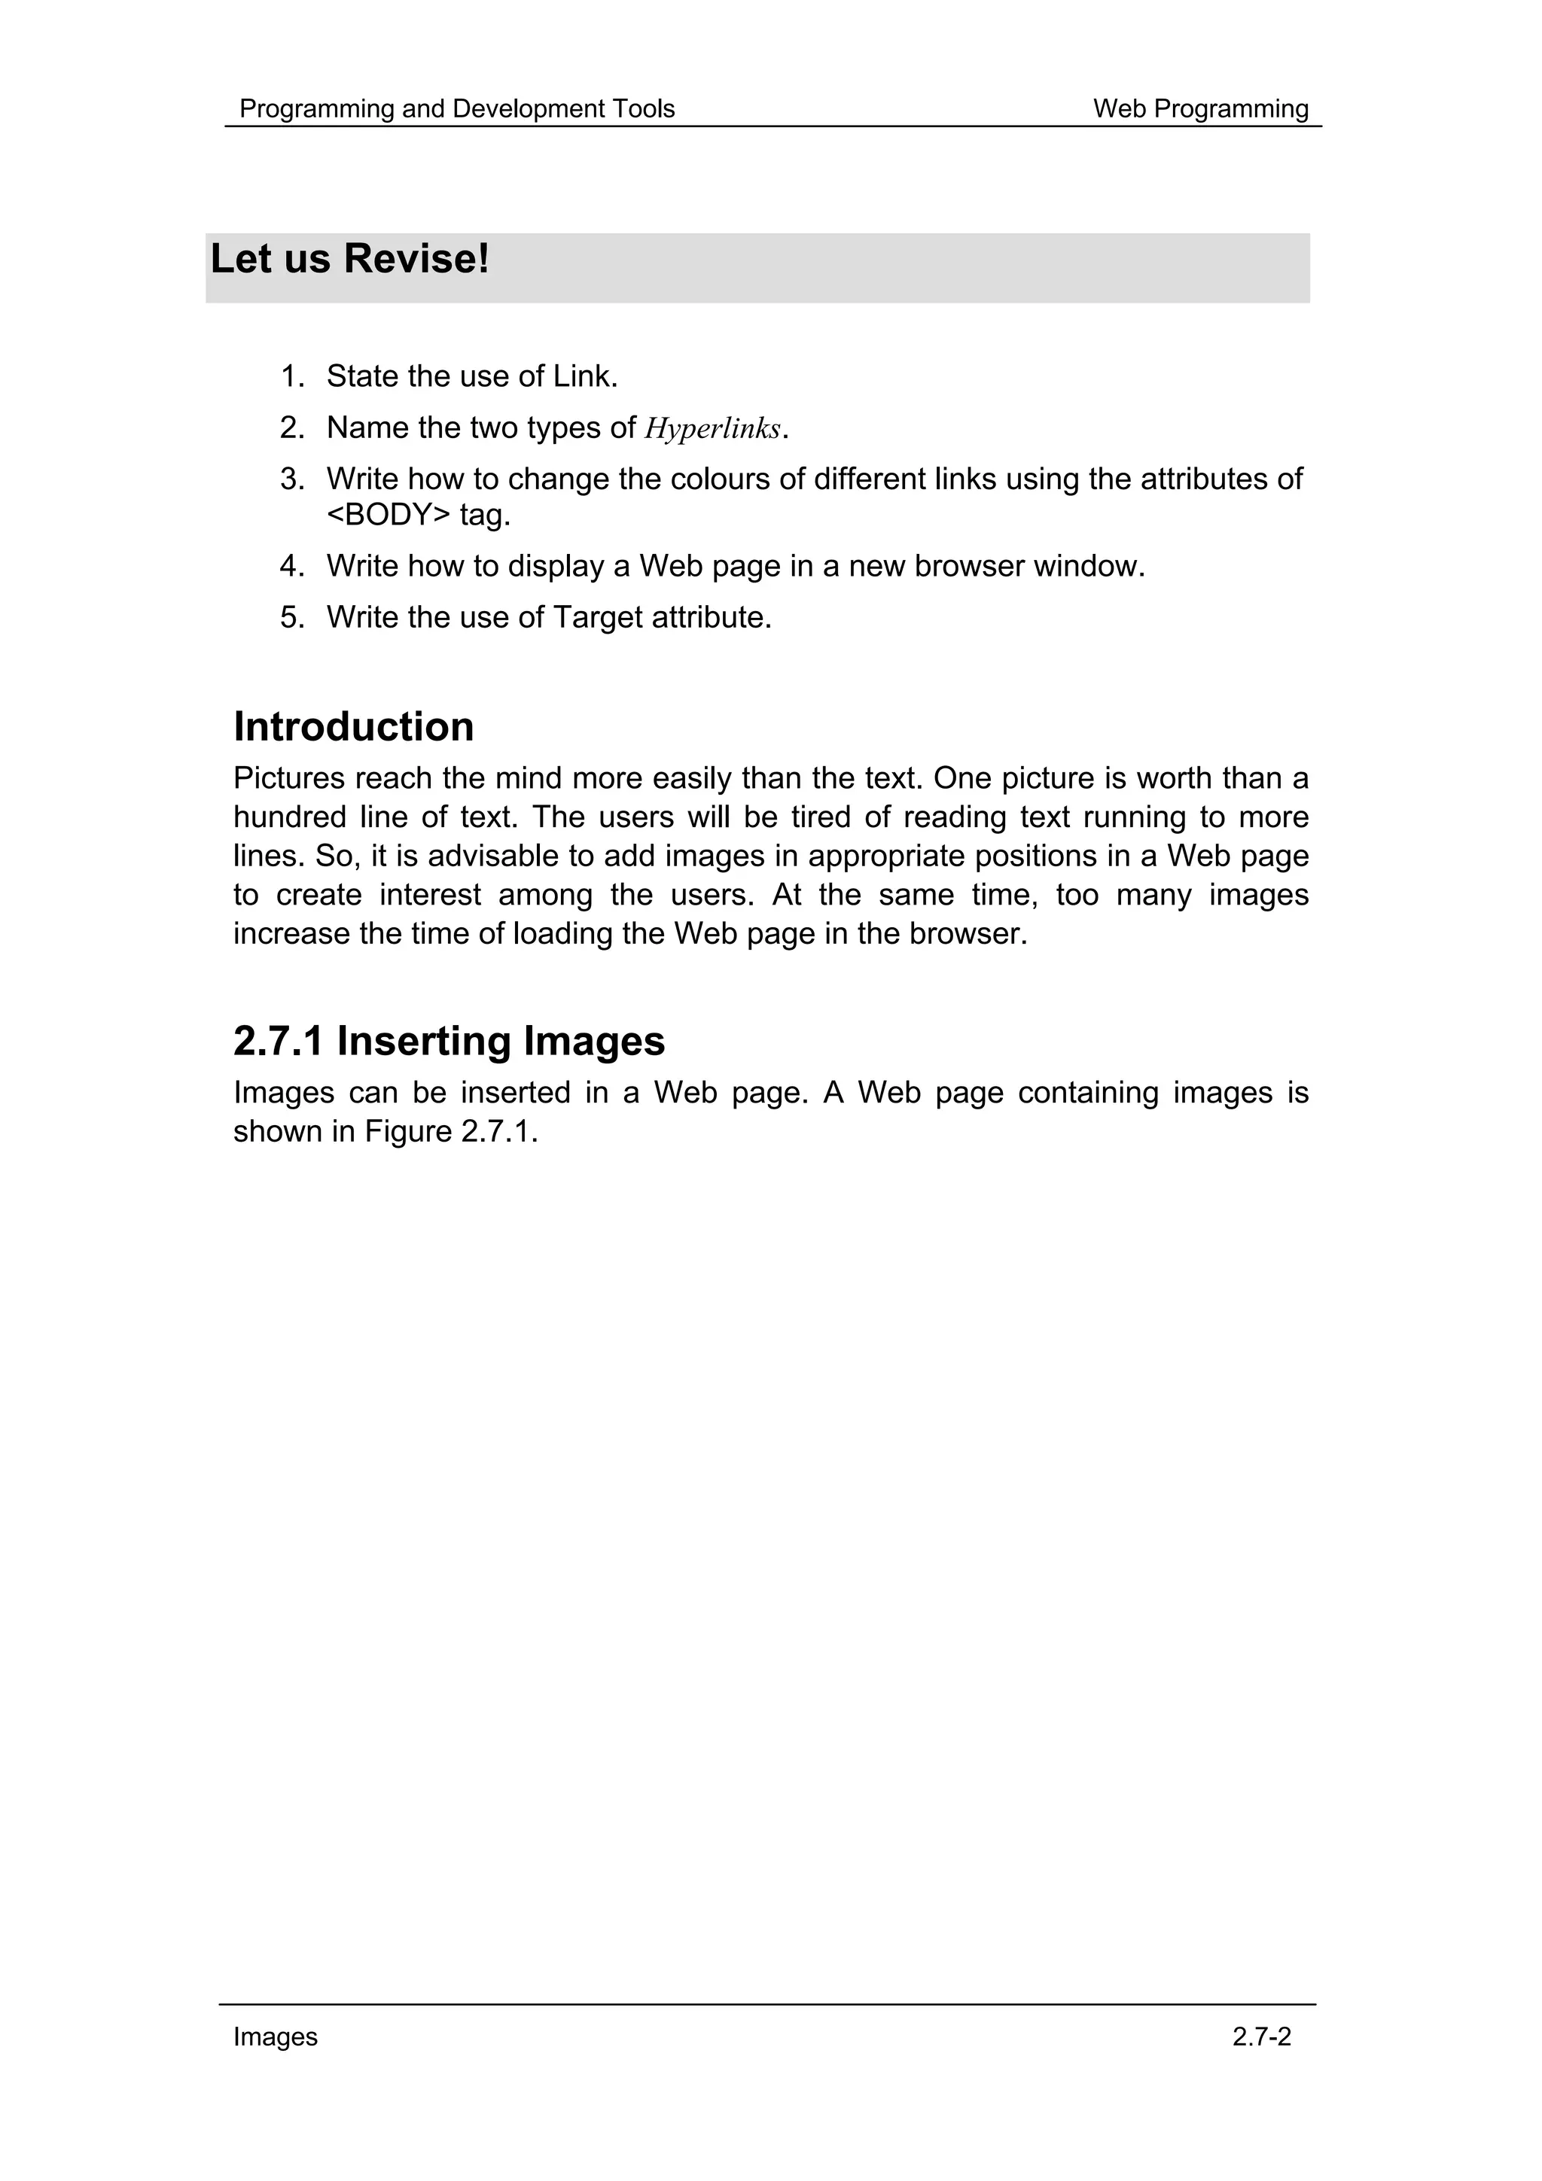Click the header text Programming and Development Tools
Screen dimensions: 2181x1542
pos(456,109)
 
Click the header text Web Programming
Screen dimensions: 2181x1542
pos(1200,109)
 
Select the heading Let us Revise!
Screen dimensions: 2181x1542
pos(349,260)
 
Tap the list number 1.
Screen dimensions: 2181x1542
pos(291,377)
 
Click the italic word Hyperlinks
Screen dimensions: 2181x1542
pos(712,430)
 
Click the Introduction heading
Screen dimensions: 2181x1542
pos(353,728)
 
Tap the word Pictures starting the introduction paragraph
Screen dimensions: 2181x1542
pos(290,779)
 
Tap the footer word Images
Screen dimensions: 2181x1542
pos(276,2037)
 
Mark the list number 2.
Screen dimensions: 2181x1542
pos(291,428)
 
